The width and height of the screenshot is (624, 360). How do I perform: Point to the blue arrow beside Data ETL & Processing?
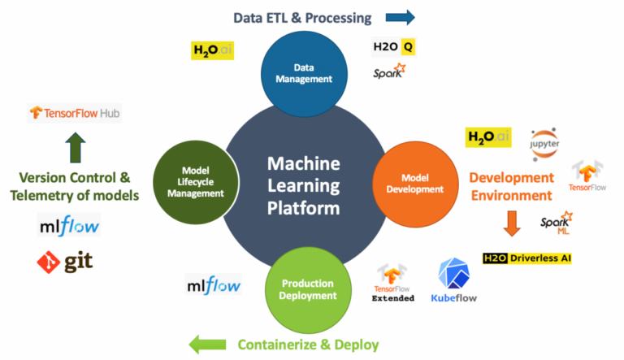click(x=399, y=17)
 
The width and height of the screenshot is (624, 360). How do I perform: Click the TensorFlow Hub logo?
click(x=75, y=113)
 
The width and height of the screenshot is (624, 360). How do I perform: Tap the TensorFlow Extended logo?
click(x=393, y=284)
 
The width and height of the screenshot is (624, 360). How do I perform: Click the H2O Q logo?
click(x=393, y=47)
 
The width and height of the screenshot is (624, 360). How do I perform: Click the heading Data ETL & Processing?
click(x=302, y=17)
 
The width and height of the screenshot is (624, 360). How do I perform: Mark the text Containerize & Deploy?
click(x=308, y=345)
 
